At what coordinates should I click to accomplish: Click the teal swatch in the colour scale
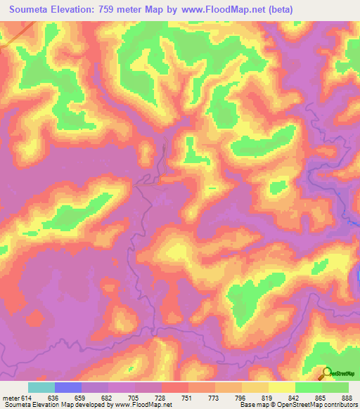41,387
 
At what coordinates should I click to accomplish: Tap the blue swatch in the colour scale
68,387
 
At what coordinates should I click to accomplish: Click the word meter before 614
11,397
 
